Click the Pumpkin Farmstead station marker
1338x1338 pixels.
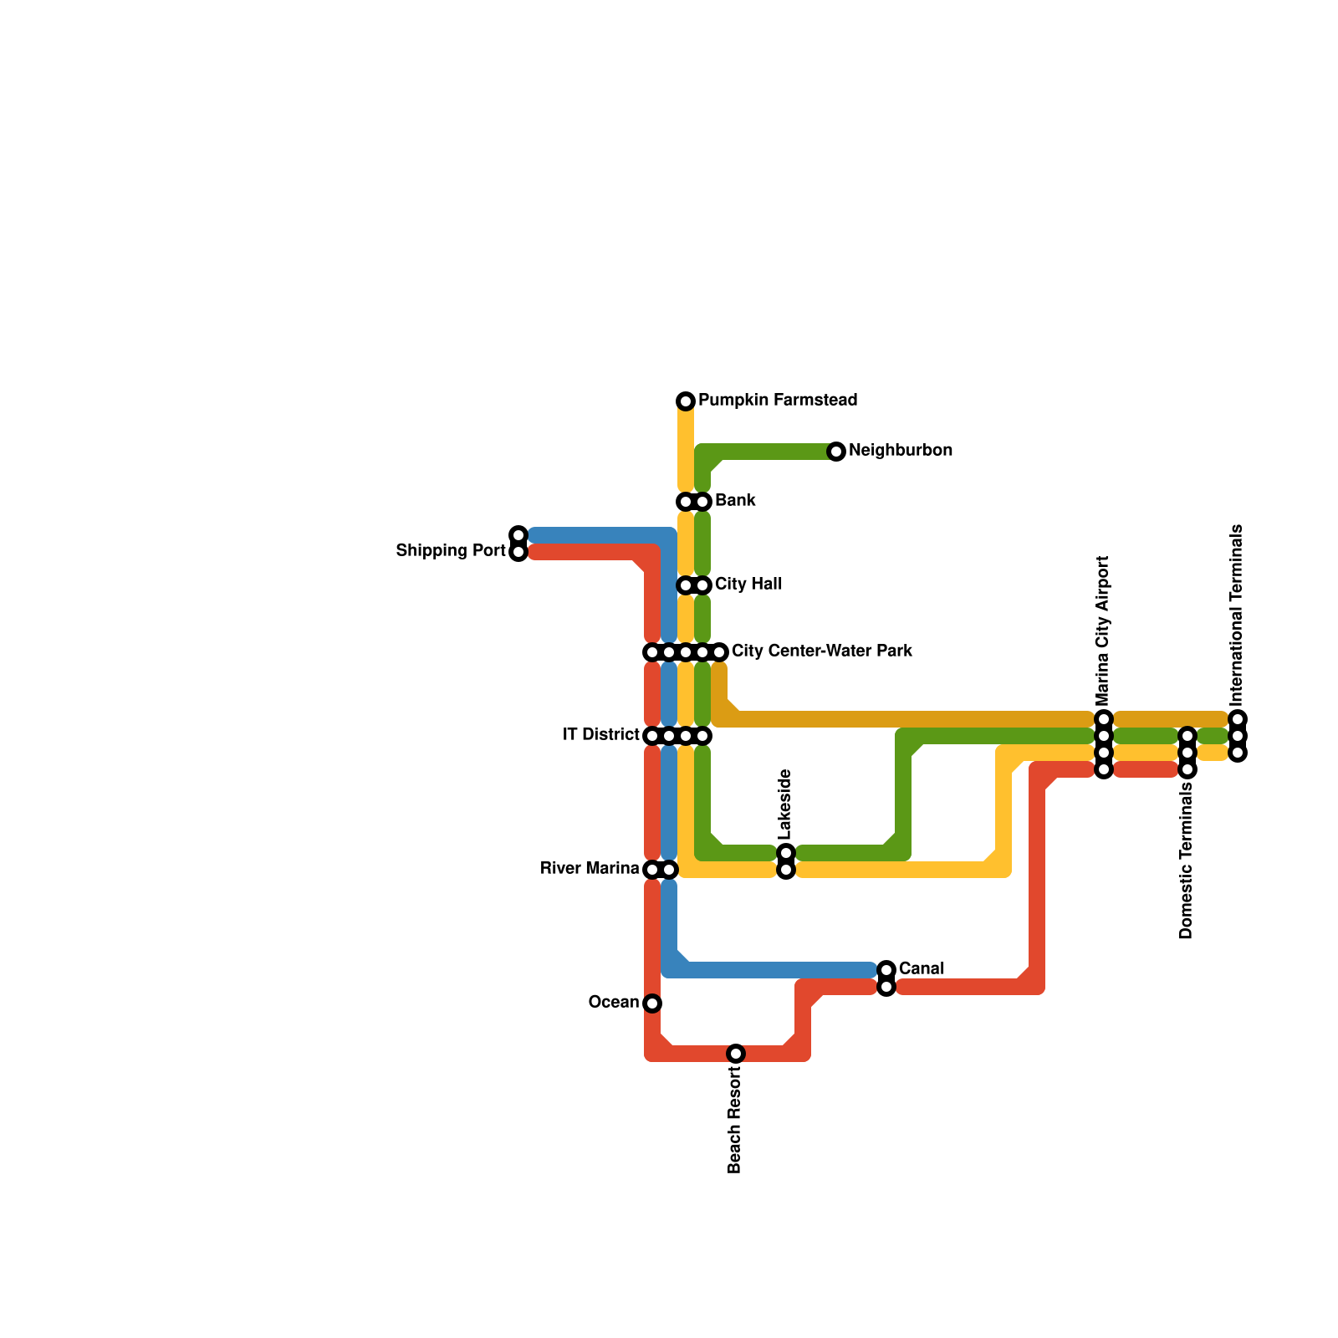click(686, 401)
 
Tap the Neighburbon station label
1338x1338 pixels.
click(900, 451)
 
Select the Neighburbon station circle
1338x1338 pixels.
click(836, 452)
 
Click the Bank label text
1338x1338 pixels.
click(735, 501)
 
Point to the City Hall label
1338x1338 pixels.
click(748, 585)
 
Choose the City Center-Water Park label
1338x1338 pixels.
click(821, 651)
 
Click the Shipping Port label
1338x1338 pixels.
click(451, 551)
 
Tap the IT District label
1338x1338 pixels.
click(601, 735)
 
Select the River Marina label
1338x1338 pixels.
click(590, 869)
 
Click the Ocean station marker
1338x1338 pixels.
click(652, 1004)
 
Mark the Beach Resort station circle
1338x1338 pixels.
click(736, 1054)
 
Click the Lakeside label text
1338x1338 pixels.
click(784, 804)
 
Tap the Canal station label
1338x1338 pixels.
click(922, 969)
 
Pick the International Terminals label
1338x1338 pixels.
click(1237, 615)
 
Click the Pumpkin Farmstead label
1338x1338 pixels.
click(778, 401)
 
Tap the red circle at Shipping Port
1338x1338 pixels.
click(518, 552)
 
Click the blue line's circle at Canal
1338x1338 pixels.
click(886, 970)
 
